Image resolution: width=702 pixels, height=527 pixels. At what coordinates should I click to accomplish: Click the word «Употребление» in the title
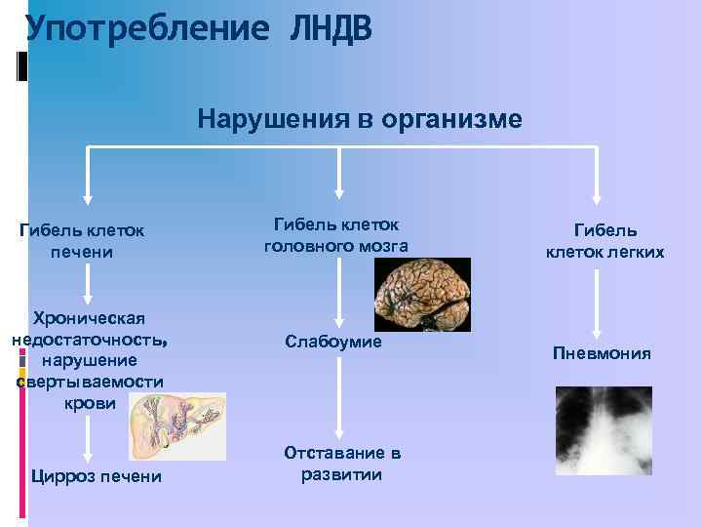click(x=146, y=28)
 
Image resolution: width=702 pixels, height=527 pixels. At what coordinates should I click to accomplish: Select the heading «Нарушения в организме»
click(x=360, y=119)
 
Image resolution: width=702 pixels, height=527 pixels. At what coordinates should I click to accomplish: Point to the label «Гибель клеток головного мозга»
click(x=335, y=235)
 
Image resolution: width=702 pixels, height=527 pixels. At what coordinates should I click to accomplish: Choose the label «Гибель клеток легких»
click(x=604, y=241)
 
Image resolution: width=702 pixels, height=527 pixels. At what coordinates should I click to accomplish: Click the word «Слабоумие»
click(x=333, y=342)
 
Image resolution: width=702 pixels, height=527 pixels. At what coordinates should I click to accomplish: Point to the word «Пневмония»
click(x=602, y=352)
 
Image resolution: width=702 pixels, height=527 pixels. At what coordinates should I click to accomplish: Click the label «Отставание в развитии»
click(x=341, y=464)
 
